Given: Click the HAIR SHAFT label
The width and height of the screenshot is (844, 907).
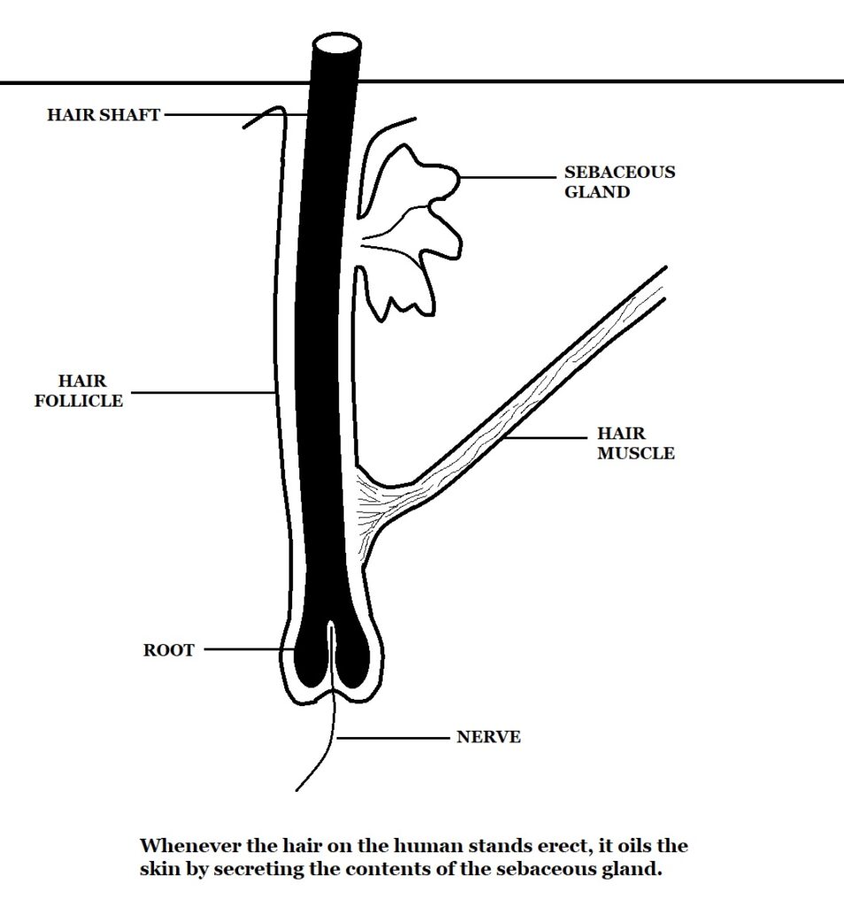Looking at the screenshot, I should (104, 114).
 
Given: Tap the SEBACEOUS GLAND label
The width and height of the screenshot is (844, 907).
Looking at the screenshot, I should (619, 182).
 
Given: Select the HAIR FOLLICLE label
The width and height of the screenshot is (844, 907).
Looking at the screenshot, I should (78, 391).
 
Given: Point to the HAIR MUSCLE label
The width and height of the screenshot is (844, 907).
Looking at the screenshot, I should (635, 444).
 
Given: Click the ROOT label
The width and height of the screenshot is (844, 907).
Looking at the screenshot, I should (168, 650).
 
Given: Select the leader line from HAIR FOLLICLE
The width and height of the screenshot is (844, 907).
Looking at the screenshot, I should (199, 391).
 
